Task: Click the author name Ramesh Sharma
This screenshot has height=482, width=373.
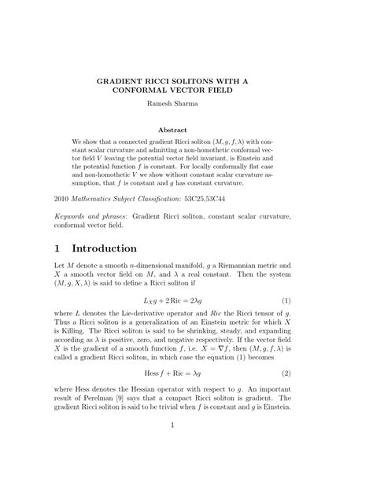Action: tap(186, 102)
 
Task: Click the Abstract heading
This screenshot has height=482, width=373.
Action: tap(186, 130)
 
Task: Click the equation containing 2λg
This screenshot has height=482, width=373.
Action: tap(186, 300)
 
